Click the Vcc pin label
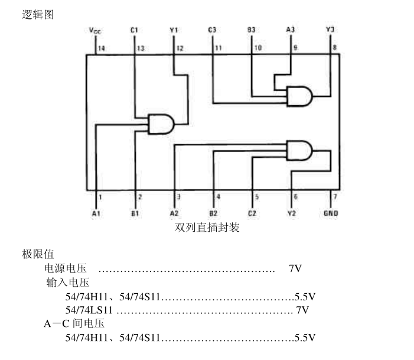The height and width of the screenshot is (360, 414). (94, 30)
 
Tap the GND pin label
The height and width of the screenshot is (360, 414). (331, 213)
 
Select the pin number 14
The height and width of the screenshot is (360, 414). (102, 48)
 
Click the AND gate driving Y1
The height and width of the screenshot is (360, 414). (161, 124)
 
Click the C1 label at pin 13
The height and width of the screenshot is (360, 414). (134, 30)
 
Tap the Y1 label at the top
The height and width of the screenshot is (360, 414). (173, 30)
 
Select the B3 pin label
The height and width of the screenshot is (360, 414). (251, 30)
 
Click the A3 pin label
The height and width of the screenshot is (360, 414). (290, 30)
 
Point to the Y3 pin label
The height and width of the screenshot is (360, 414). (330, 30)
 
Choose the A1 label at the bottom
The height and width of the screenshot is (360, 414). (96, 213)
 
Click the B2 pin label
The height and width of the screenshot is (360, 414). (213, 213)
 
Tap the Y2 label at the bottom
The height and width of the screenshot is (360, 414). (291, 213)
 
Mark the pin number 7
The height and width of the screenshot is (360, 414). (335, 197)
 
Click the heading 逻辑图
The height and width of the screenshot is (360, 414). (38, 15)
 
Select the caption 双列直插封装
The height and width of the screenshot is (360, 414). (207, 227)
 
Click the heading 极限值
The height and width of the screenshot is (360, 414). (38, 254)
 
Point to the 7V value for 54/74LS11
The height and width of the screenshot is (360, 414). (302, 310)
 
